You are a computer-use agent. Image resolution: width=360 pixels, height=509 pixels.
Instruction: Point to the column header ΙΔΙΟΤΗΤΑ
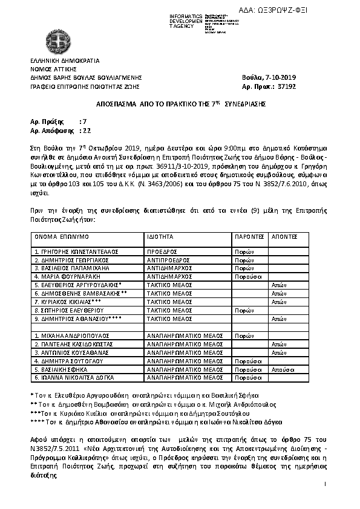(x=160, y=238)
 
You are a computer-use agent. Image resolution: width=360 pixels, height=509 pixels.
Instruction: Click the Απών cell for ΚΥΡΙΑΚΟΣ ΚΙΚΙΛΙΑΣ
(x=278, y=301)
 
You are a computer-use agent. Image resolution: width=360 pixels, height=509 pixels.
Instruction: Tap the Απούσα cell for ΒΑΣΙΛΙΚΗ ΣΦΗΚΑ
(x=283, y=369)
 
